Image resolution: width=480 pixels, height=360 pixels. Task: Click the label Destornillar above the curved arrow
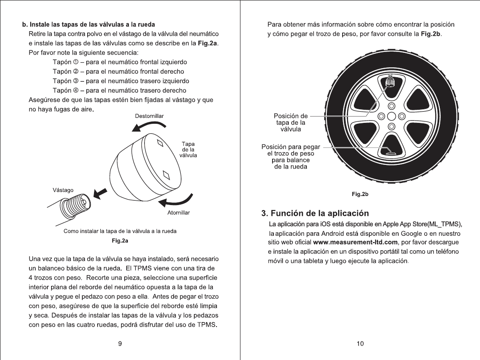click(x=149, y=116)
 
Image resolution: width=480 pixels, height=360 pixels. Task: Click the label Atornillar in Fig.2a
click(x=178, y=212)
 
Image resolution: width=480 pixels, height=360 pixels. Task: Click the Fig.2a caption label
click(x=120, y=241)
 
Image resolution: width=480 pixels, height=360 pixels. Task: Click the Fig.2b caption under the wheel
click(x=360, y=194)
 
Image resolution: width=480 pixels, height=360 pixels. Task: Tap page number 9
click(x=120, y=344)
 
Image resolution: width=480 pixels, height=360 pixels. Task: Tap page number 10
click(x=360, y=344)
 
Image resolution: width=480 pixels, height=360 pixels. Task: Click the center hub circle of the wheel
click(x=391, y=116)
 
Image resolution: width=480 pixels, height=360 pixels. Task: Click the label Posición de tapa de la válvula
click(x=291, y=122)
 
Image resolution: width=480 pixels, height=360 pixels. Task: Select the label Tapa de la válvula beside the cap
click(x=187, y=149)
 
